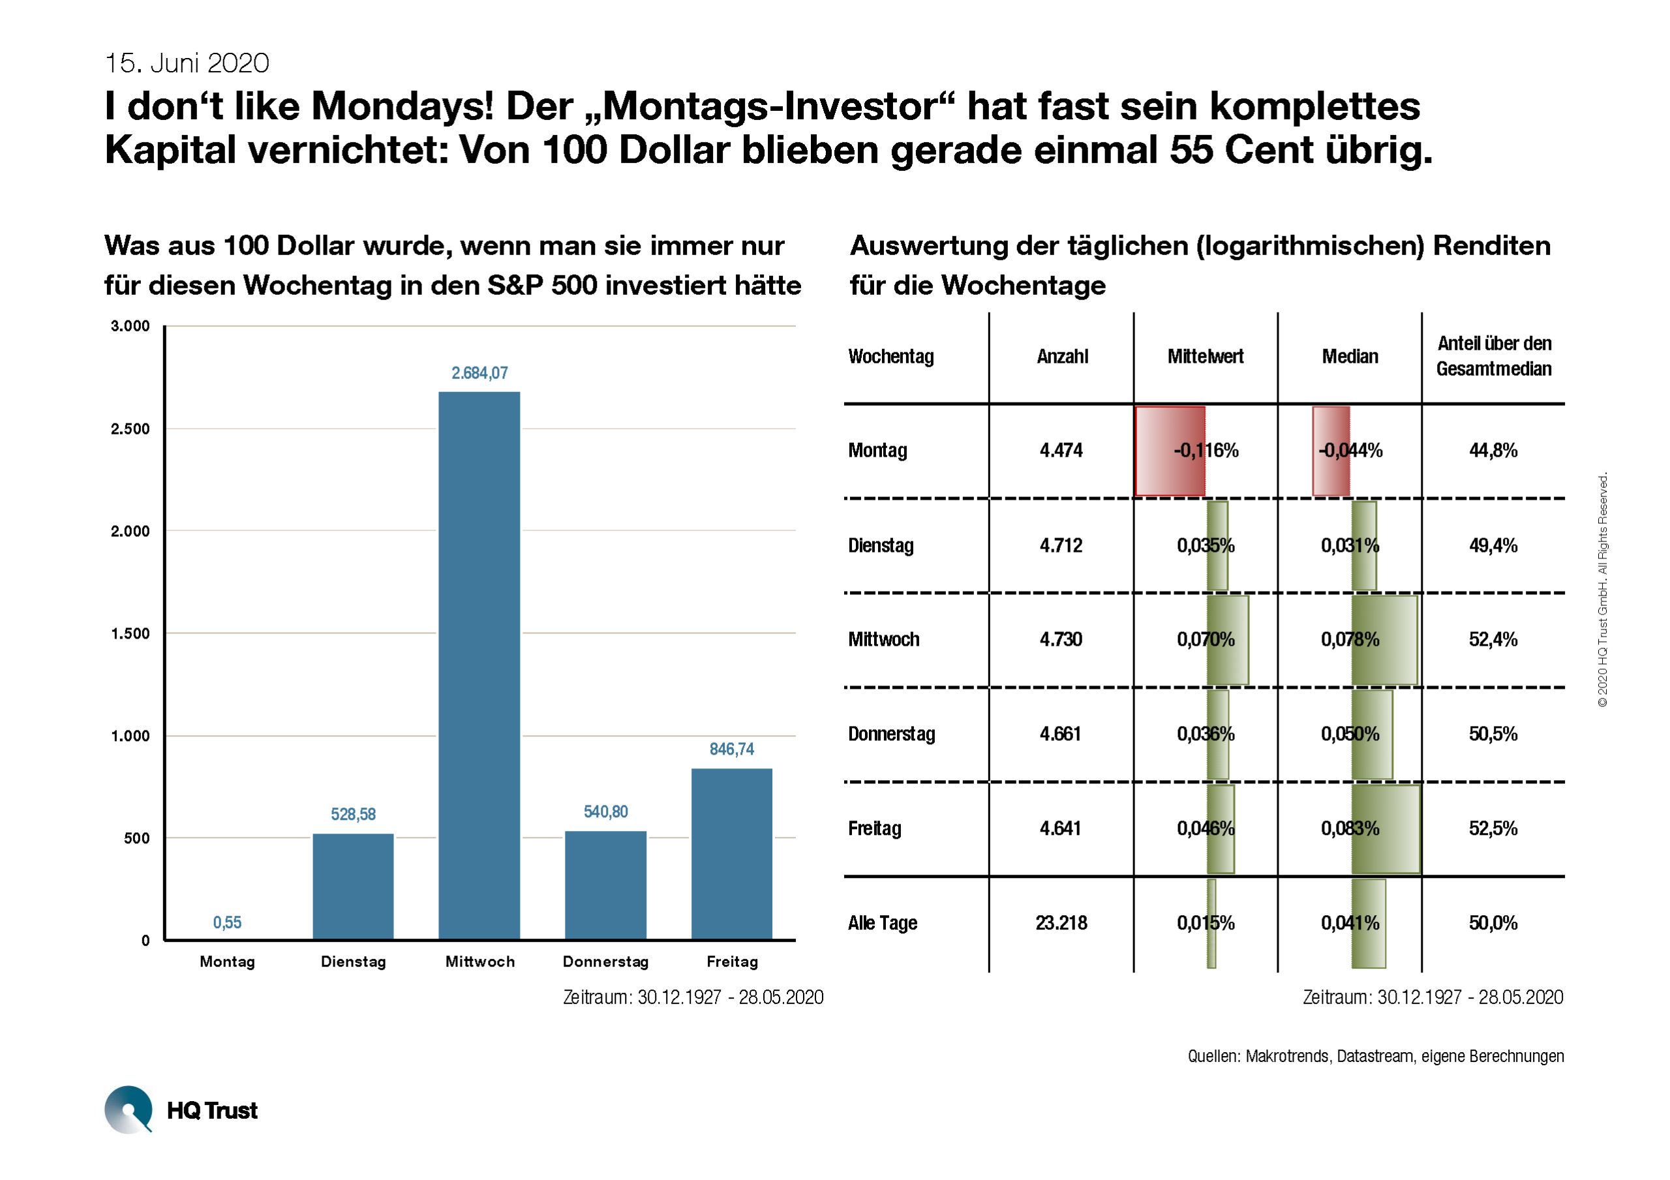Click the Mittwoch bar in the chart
pos(479,665)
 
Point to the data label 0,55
pos(227,922)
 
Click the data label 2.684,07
pos(479,373)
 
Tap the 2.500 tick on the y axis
pos(130,429)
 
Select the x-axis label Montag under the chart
pos(227,961)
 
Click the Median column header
pos(1349,356)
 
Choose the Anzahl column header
pos(1062,356)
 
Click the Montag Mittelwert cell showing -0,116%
pos(1206,450)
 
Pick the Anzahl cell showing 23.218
pos(1061,923)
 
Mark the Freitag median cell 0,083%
pos(1349,828)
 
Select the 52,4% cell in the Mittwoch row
pos(1493,639)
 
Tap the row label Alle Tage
pos(882,923)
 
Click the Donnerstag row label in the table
pos(891,734)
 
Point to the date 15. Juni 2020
pos(187,63)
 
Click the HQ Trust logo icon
pos(129,1110)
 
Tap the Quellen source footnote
pos(1374,1055)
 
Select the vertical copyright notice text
pos(1602,589)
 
